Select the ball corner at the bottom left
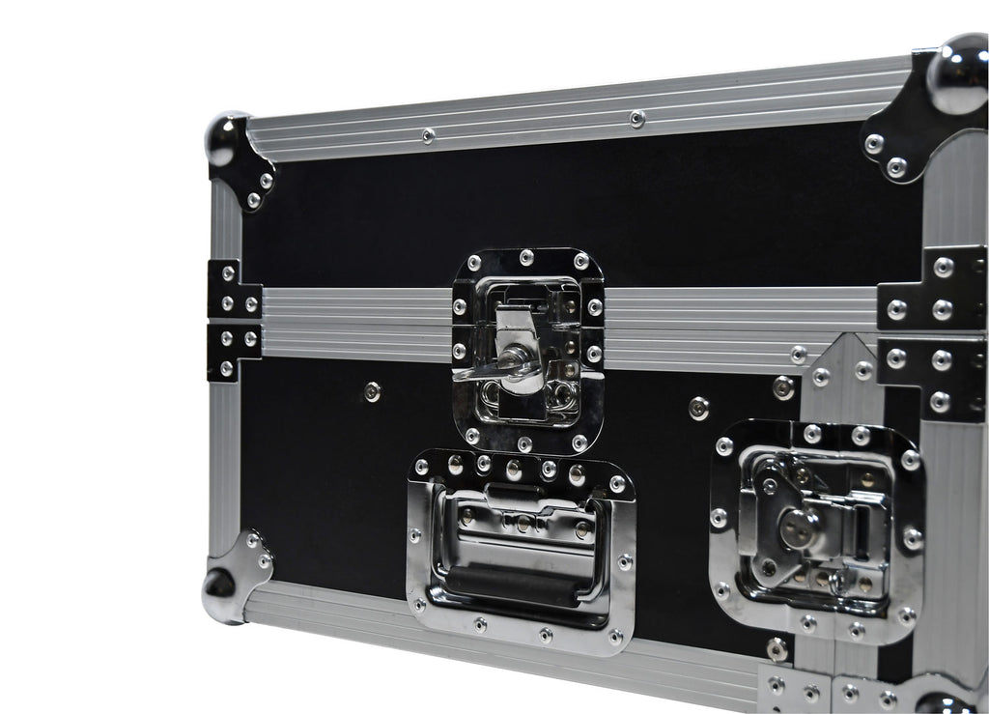tap(219, 583)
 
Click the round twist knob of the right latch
tap(798, 528)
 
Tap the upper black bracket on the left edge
tap(233, 289)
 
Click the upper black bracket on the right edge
tap(933, 288)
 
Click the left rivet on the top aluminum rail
tap(428, 135)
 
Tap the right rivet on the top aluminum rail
tap(636, 118)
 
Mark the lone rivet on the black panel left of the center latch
tap(372, 391)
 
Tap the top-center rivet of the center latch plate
tap(526, 257)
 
